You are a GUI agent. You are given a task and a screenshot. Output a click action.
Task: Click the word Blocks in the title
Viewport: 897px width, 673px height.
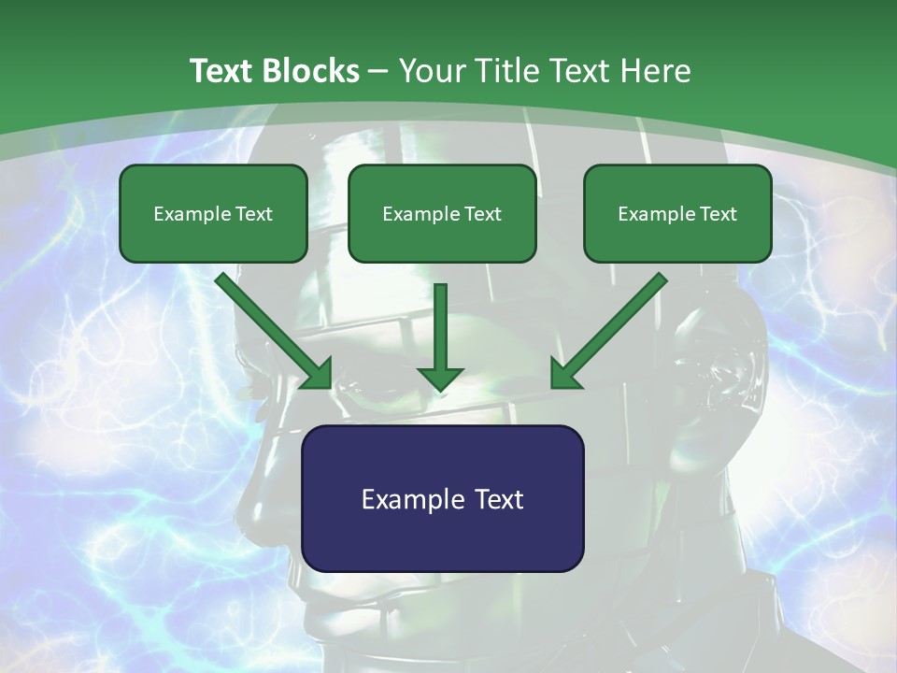pos(310,71)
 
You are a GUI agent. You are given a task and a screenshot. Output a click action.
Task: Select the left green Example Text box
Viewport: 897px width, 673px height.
pos(213,213)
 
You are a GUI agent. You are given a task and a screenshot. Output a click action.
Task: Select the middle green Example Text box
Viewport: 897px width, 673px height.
pos(442,213)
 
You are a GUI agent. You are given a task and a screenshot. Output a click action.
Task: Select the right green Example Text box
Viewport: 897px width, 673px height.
pos(677,213)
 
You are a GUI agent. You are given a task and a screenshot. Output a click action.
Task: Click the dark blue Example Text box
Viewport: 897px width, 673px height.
pos(443,498)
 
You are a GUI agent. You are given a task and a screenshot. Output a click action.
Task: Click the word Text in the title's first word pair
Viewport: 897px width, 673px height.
pos(222,71)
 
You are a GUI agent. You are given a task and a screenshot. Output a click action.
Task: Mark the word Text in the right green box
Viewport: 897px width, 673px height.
pos(718,214)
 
